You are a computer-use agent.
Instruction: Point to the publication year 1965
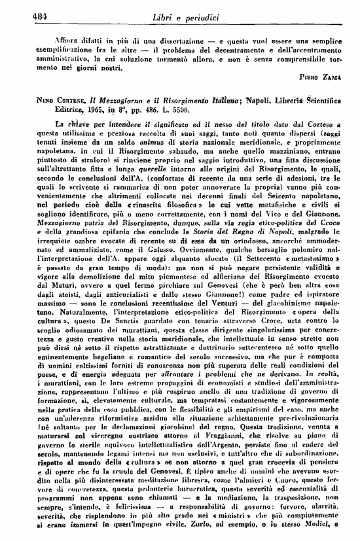click(x=97, y=111)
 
